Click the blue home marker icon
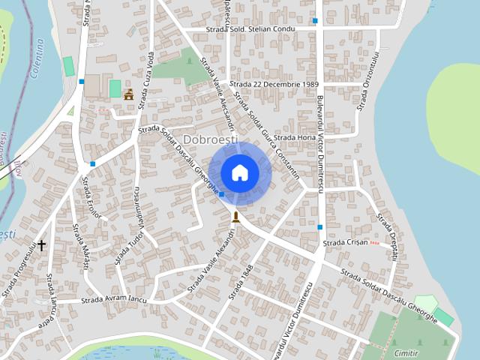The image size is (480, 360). (239, 172)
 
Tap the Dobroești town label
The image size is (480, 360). (210, 139)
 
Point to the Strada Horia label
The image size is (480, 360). (295, 138)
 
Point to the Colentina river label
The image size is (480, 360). (39, 61)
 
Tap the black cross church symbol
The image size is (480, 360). (42, 244)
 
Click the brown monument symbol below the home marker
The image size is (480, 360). (235, 217)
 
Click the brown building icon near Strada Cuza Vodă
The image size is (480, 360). (128, 94)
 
